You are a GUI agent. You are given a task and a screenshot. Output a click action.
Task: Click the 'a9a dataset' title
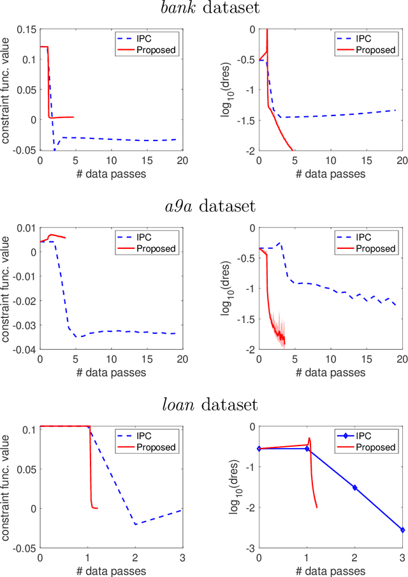pyautogui.click(x=204, y=207)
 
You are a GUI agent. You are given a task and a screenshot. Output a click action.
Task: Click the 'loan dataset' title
pyautogui.click(x=204, y=404)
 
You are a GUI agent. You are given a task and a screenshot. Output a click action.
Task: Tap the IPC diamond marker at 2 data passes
pyautogui.click(x=354, y=487)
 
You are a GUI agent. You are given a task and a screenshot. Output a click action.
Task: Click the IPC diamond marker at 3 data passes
pyautogui.click(x=402, y=530)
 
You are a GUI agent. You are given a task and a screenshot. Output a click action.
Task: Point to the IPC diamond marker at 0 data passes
pyautogui.click(x=259, y=449)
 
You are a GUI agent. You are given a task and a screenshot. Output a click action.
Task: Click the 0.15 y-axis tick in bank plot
pyautogui.click(x=24, y=29)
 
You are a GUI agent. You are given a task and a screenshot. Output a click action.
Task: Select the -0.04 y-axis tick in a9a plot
pyautogui.click(x=24, y=350)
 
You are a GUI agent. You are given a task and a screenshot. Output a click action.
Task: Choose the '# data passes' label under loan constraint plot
pyautogui.click(x=110, y=570)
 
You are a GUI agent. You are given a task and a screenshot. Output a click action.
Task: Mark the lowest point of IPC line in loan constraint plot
pyautogui.click(x=135, y=524)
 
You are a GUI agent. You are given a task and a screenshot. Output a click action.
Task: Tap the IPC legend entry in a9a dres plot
pyautogui.click(x=377, y=236)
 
